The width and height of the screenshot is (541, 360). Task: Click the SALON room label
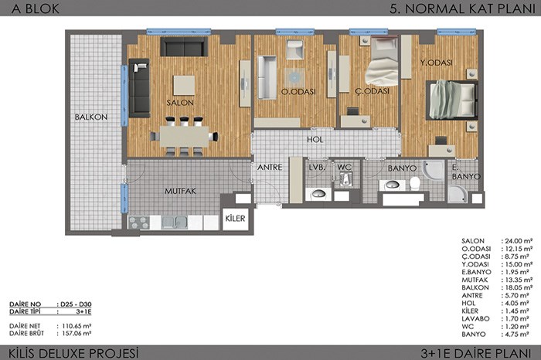coord(180,103)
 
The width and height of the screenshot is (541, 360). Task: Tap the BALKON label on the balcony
coord(91,117)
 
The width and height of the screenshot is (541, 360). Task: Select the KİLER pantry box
coord(235,219)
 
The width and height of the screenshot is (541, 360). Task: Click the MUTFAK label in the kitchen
coord(180,191)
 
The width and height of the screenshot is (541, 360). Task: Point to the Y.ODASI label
coord(437,63)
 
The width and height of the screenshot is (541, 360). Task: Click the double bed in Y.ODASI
coord(451,100)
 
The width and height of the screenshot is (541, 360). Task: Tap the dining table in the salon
coord(184,137)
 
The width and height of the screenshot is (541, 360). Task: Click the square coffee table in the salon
coord(184,86)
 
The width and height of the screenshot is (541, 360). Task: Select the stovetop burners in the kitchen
coord(138,222)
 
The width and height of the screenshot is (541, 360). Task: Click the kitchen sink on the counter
coord(174,222)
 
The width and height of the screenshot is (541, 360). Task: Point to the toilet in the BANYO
coord(415,183)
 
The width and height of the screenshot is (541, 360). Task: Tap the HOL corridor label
coord(315,139)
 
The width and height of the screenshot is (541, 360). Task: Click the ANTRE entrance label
coord(270,167)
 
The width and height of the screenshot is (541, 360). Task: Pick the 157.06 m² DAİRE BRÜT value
coord(77,334)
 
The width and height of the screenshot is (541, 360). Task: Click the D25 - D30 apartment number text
coord(76,304)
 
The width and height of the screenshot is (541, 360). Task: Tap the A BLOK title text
coord(36,9)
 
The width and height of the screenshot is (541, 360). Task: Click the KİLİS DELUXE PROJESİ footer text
coord(73,354)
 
